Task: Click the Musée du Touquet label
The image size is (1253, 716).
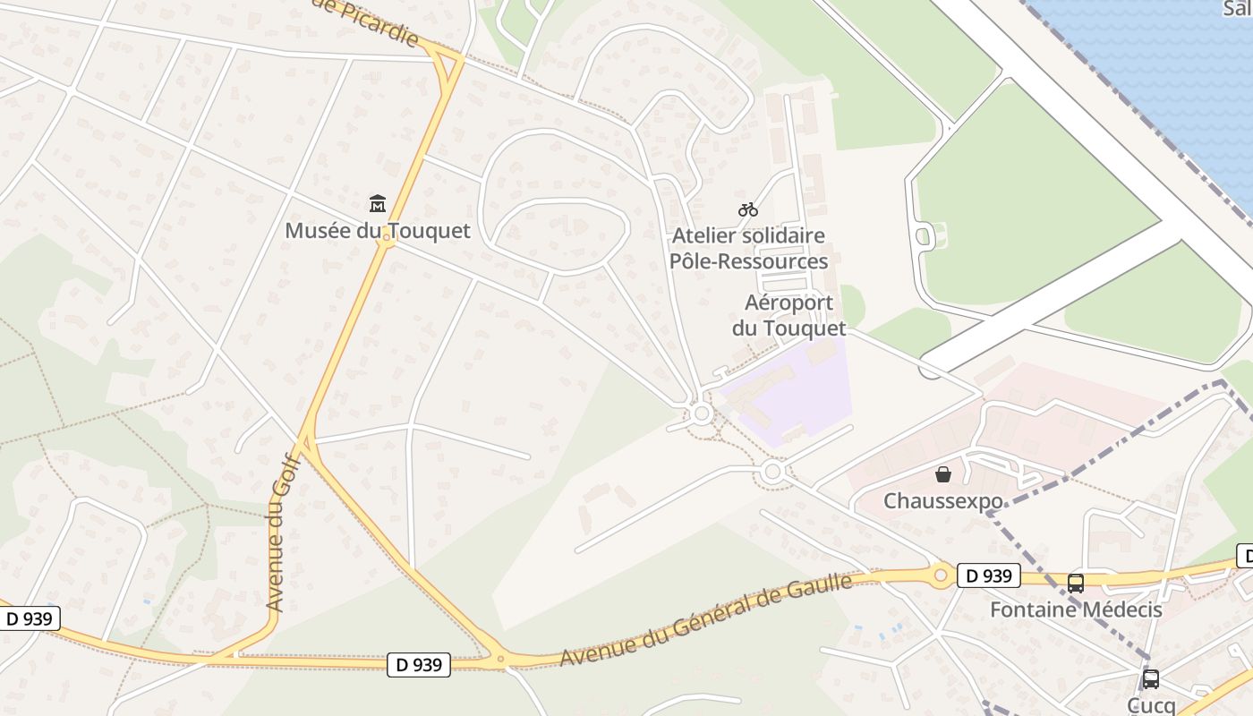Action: [377, 231]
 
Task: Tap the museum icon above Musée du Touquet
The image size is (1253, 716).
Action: [377, 204]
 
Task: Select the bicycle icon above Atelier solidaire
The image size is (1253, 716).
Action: [748, 209]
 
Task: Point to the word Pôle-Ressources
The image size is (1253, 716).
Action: [748, 261]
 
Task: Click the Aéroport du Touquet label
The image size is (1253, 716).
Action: [788, 316]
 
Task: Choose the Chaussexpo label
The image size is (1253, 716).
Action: [942, 501]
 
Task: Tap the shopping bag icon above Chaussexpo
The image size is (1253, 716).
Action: [942, 473]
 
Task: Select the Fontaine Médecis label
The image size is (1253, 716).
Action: [1075, 610]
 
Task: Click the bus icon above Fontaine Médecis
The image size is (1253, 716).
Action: [1075, 584]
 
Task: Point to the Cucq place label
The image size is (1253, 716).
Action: [1151, 705]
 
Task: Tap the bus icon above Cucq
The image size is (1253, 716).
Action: [1151, 679]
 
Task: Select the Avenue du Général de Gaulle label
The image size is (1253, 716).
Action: [706, 619]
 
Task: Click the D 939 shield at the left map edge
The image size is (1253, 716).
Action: [29, 618]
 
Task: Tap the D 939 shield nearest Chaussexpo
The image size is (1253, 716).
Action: [989, 575]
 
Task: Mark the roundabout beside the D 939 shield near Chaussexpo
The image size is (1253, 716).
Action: [940, 575]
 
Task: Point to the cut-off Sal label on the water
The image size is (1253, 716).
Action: [1236, 8]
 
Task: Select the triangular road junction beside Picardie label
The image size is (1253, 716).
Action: [445, 63]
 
